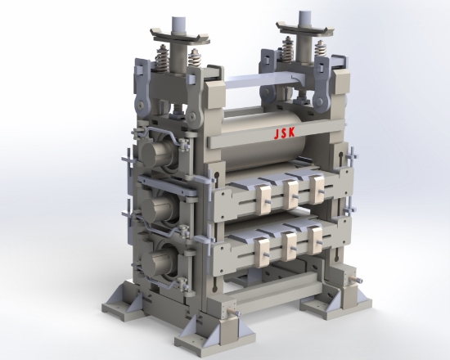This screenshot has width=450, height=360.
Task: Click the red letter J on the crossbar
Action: pyautogui.click(x=277, y=134)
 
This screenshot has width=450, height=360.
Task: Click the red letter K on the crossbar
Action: pyautogui.click(x=291, y=133)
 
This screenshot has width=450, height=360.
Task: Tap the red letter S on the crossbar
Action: pyautogui.click(x=284, y=133)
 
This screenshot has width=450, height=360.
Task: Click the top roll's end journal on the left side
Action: pyautogui.click(x=155, y=154)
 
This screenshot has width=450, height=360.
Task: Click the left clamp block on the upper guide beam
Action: pyautogui.click(x=263, y=200)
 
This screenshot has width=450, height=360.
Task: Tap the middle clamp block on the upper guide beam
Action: pyautogui.click(x=290, y=195)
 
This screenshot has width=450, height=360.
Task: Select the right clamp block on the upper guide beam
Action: pyautogui.click(x=317, y=190)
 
